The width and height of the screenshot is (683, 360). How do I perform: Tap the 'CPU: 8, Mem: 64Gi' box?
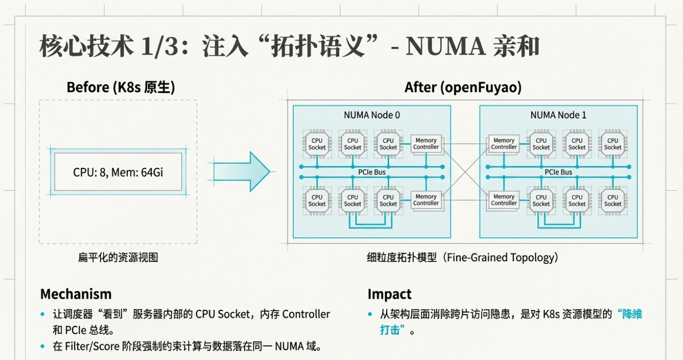[118, 172]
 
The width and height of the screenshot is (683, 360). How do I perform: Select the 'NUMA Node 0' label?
[371, 115]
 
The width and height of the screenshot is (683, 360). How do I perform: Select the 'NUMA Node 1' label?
[558, 115]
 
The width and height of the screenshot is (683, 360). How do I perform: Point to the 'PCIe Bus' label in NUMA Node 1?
[558, 172]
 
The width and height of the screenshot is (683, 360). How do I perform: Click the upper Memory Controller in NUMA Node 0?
[426, 143]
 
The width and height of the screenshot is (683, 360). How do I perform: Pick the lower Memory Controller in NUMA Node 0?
[426, 200]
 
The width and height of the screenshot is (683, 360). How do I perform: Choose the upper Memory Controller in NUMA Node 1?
[504, 143]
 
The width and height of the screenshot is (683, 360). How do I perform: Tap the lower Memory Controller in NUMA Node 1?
[504, 200]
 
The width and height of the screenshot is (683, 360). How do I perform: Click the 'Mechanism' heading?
[76, 294]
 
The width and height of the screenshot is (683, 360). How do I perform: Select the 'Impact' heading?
[389, 294]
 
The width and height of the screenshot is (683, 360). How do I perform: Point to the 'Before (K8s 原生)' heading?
[121, 87]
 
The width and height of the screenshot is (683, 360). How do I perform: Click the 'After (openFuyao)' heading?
[463, 87]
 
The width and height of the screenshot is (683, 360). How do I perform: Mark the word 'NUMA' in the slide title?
[445, 47]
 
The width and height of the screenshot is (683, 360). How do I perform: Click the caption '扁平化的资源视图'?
[118, 257]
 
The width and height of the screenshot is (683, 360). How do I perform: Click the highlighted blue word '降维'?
[629, 314]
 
